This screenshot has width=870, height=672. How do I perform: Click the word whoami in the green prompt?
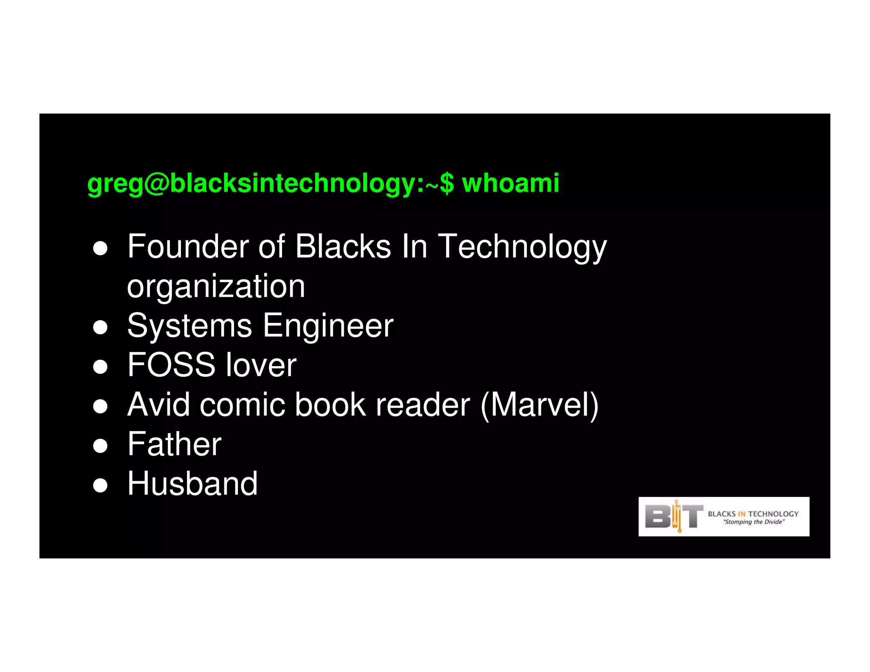click(x=510, y=184)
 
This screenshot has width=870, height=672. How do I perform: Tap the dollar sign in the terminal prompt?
click(x=447, y=184)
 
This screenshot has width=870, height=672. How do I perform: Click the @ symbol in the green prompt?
click(x=156, y=184)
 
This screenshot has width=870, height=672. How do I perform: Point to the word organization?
click(x=216, y=287)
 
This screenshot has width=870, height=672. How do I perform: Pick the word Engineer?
click(x=328, y=326)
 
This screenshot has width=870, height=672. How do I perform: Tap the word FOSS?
click(x=171, y=365)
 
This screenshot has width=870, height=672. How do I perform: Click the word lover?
click(x=261, y=365)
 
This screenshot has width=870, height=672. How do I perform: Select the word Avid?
click(x=158, y=404)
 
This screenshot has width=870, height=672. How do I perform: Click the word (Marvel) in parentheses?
click(x=540, y=405)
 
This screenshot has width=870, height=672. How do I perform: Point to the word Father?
click(x=174, y=444)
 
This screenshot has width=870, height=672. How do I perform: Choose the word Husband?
click(x=192, y=483)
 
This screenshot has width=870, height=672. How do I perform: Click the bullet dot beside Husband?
click(x=100, y=485)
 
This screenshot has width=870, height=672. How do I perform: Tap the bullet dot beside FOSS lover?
click(x=100, y=367)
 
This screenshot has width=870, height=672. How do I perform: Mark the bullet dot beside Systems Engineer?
click(x=100, y=328)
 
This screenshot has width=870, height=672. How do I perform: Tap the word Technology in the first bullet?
click(x=522, y=247)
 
